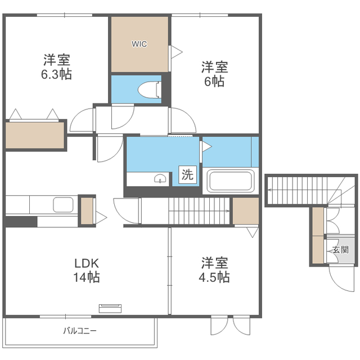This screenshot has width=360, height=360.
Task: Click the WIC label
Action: point(139,44)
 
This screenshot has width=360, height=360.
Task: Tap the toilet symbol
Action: point(150,90)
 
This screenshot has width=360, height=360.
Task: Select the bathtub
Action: point(231,181)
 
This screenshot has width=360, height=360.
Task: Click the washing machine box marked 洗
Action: point(187,174)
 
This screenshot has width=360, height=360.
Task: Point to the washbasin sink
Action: point(160,178)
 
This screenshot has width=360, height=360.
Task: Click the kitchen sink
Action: point(63,205)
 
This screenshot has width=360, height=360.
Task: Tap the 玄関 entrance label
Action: point(341,250)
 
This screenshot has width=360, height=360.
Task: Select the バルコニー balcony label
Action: point(80,331)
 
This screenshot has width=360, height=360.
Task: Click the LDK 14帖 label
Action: point(87,270)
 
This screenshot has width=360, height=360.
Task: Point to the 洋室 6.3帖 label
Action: point(56,66)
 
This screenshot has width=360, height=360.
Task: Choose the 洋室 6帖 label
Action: point(214,74)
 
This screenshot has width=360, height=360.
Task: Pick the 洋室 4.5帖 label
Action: point(214,270)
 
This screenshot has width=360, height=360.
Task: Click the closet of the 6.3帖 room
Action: point(35,135)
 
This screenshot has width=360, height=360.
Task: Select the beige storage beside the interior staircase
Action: point(245,211)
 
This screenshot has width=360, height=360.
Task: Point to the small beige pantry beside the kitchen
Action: point(87,211)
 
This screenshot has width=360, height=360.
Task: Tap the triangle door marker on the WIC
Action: point(177,52)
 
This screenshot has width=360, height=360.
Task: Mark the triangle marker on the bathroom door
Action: point(206,146)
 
